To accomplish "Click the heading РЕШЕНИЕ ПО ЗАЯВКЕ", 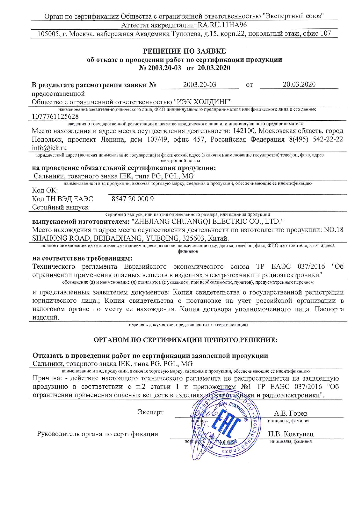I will [184, 51].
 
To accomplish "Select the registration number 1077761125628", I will [55, 116].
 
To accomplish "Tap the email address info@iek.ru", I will [49, 148].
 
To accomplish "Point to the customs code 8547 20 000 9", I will [133, 199].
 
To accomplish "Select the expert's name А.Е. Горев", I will [290, 413].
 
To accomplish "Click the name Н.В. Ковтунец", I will [290, 434].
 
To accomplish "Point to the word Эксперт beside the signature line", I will [150, 412].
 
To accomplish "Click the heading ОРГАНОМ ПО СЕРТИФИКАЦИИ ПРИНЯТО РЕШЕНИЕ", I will [185, 340].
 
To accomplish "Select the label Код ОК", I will [45, 190].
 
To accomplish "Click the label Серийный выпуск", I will [60, 207].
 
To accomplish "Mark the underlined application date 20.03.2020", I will [299, 85].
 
